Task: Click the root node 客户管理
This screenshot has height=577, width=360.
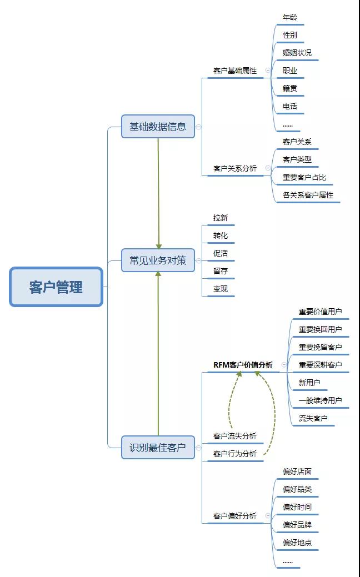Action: pos(56,287)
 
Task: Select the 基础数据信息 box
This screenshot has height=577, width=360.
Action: pos(158,127)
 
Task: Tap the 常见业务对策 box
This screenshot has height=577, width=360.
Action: pos(158,260)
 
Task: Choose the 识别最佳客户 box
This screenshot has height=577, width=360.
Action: pos(158,447)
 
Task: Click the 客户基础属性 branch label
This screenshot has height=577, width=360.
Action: pos(235,71)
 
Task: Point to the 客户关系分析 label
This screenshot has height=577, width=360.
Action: pos(235,168)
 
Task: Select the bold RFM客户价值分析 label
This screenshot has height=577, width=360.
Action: pos(243,365)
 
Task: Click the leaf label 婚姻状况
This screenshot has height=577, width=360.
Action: pos(297,53)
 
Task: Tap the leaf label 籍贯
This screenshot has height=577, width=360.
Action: pos(289,89)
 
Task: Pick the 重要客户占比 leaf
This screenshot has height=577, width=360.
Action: pos(304,177)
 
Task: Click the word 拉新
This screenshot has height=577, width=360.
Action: pos(221,218)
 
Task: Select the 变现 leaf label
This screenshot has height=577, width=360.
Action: pos(221,289)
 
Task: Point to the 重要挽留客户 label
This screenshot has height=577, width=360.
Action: pos(320,347)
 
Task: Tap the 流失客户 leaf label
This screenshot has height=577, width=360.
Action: pos(313,418)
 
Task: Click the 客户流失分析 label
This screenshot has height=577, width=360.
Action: pos(235,436)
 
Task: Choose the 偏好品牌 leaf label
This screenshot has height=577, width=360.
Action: pos(297,525)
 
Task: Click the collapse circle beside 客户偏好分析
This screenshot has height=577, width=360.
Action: pos(268,516)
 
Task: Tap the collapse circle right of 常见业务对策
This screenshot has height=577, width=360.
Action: pos(198,260)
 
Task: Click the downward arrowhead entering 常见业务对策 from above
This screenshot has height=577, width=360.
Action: pos(158,246)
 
